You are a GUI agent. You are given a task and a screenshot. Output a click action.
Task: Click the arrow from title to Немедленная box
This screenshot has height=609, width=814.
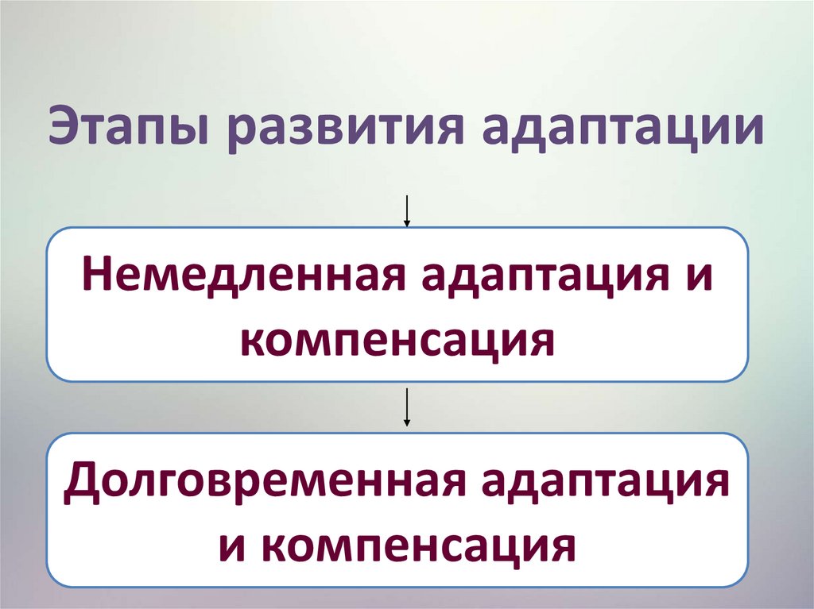pyautogui.click(x=407, y=210)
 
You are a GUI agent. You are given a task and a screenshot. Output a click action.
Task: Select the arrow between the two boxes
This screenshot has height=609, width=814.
pyautogui.click(x=407, y=408)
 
